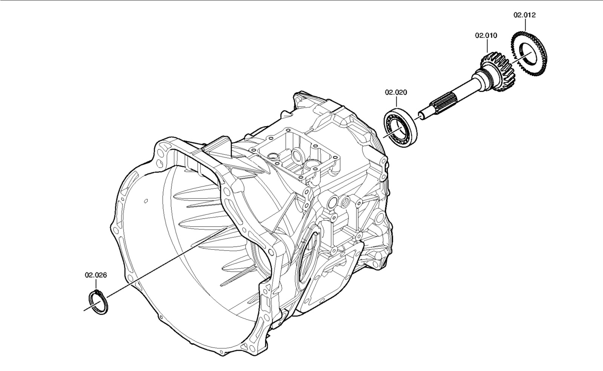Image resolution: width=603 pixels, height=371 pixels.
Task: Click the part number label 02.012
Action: coord(524,15)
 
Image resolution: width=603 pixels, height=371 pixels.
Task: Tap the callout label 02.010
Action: coord(486,35)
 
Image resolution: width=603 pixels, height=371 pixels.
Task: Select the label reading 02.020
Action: coord(396,92)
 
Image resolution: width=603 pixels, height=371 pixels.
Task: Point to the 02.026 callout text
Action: coord(96,275)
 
